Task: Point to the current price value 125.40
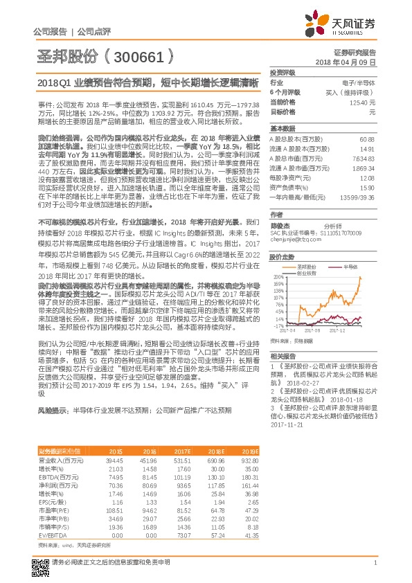pos(364,102)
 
